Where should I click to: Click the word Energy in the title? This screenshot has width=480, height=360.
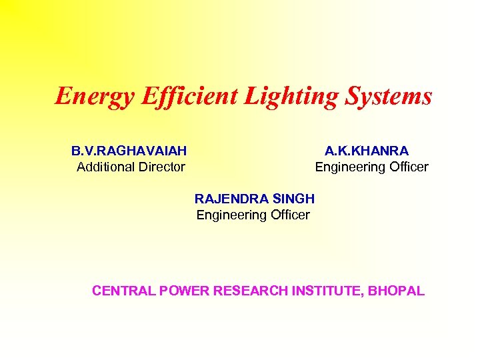[x=95, y=97]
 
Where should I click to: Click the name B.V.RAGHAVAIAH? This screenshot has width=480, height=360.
[x=129, y=151]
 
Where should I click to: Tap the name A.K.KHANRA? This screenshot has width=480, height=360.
[x=367, y=151]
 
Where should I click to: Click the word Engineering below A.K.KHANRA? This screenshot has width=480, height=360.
[x=346, y=167]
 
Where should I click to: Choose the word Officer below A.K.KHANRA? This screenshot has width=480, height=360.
[x=406, y=167]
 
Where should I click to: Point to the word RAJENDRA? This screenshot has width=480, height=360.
[x=231, y=199]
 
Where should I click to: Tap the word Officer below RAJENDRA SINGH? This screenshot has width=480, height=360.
[x=287, y=215]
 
